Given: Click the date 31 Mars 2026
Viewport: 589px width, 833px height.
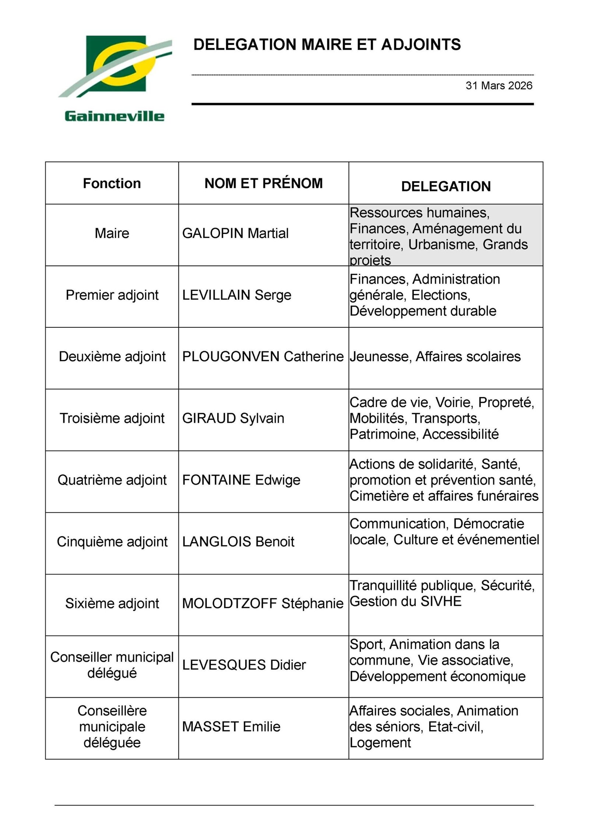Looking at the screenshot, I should click(499, 86).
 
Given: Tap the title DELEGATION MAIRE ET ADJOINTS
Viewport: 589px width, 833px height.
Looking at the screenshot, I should click(327, 45).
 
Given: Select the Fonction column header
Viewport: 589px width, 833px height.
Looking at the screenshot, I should click(112, 183).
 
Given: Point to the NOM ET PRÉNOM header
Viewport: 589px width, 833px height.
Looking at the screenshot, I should click(264, 183).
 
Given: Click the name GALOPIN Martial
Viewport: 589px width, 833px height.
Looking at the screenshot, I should click(235, 233).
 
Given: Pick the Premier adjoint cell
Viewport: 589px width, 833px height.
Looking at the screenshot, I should click(112, 295).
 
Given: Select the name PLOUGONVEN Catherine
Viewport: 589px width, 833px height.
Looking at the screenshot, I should click(263, 357).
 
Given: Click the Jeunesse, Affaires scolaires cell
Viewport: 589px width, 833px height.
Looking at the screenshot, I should click(435, 357).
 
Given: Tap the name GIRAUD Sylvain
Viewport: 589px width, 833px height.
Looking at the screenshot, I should click(233, 418).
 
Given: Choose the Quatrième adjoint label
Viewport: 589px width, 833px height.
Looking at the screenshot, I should click(112, 480).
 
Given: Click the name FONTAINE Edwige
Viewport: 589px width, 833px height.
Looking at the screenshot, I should click(241, 480).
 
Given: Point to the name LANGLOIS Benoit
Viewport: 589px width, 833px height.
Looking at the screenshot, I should click(238, 542).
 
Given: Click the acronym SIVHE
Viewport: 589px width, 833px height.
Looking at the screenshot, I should click(441, 601).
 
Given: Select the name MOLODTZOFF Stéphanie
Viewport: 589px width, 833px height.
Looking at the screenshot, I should click(263, 604).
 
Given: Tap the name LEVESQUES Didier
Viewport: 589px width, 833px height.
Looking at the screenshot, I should click(244, 665).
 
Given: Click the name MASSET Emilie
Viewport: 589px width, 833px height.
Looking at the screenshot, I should click(231, 727).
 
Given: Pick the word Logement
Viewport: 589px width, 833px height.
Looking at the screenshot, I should click(380, 743).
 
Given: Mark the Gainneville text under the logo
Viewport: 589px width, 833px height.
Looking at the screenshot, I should click(114, 116).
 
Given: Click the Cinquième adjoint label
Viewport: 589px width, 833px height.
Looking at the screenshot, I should click(112, 542).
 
